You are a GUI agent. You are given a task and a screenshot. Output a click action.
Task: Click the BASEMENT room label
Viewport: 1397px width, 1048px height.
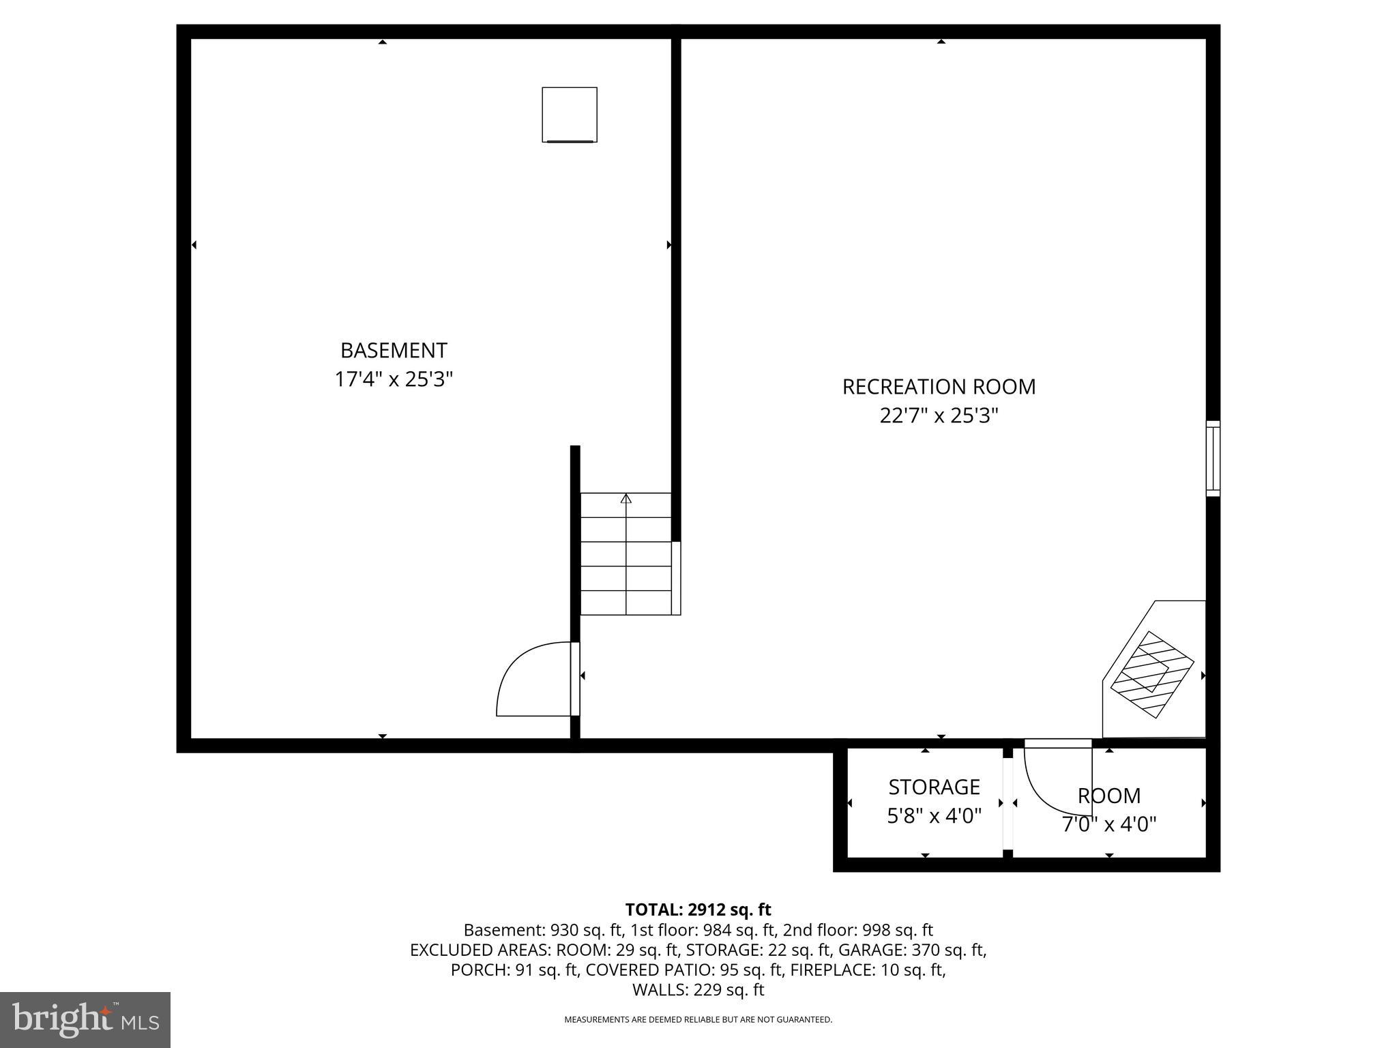pos(394,350)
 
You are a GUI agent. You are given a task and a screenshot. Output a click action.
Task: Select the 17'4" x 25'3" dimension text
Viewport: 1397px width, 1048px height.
pos(394,379)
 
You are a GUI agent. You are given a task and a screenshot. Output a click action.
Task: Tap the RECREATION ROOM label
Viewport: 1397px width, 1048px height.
pos(939,387)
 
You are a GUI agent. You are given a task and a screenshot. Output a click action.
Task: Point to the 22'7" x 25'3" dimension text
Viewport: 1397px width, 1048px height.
pos(939,416)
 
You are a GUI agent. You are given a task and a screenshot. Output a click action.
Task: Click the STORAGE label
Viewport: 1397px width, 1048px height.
pos(934,787)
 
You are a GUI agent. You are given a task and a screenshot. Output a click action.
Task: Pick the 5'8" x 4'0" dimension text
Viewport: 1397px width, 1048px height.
pos(934,815)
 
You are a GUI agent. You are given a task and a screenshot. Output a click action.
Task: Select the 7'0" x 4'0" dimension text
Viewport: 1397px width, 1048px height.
pos(1109,825)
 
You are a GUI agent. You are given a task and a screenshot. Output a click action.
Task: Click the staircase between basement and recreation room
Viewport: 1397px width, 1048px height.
pos(626,554)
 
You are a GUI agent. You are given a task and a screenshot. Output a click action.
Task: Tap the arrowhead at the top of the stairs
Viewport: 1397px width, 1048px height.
pos(626,499)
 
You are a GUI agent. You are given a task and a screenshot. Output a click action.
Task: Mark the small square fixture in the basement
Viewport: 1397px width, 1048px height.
pos(570,115)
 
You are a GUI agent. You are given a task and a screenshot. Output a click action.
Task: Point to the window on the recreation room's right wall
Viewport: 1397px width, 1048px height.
pos(1213,458)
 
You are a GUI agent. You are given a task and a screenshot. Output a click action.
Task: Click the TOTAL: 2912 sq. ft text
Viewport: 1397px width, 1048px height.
pos(698,909)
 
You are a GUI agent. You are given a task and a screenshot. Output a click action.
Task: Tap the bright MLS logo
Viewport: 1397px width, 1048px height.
pos(85,1020)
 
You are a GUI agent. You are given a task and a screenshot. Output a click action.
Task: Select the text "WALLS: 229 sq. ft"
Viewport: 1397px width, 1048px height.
pos(698,990)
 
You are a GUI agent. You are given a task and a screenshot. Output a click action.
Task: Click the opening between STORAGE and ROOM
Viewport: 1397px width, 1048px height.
pos(1008,803)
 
